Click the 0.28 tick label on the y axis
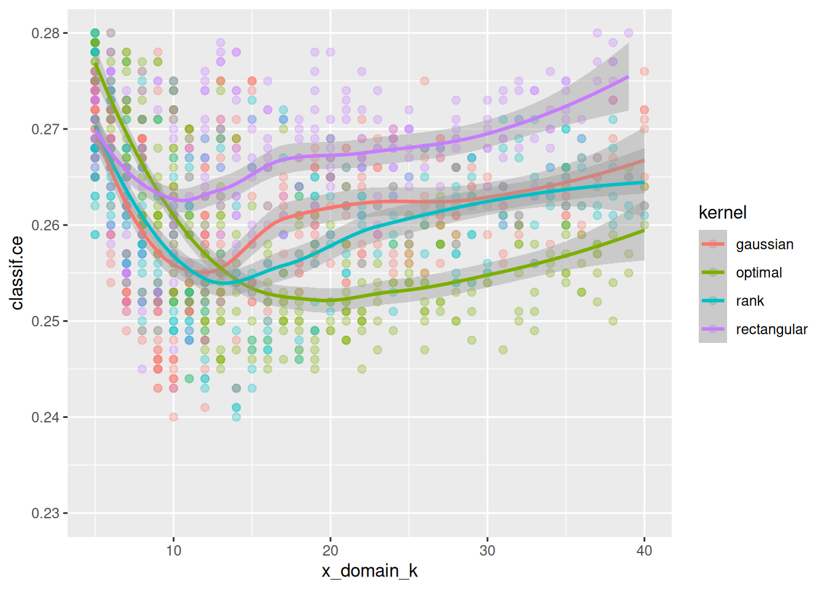45,33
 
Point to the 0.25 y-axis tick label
45,321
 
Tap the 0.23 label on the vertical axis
45,513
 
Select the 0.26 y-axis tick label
45,226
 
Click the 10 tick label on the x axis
174,551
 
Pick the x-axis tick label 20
331,551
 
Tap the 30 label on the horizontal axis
487,551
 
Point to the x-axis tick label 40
644,551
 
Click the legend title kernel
722,213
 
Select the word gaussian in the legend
765,245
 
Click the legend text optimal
759,273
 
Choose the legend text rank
750,301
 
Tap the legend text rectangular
771,329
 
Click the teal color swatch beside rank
713,301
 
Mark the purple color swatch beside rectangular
713,329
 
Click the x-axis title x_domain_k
369,571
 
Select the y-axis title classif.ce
17,273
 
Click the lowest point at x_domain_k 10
174,417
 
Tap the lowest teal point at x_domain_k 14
237,417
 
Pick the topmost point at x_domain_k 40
644,71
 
